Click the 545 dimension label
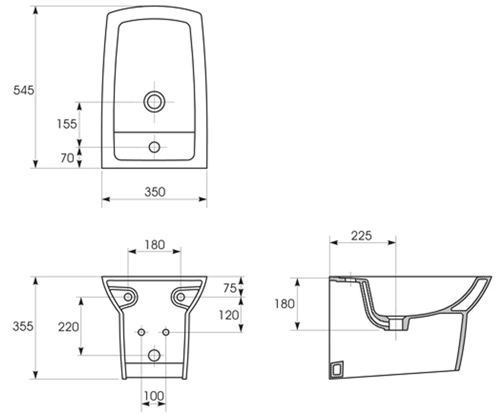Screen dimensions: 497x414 click(x=24, y=90)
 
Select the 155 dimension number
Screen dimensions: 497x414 click(x=67, y=124)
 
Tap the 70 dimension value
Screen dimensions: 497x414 click(x=68, y=158)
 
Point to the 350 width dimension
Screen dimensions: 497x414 click(x=155, y=192)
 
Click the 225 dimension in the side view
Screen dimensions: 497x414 click(x=361, y=236)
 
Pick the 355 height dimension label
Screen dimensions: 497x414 click(x=23, y=327)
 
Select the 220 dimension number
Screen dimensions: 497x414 click(x=69, y=327)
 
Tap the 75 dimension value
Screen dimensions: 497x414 click(x=230, y=289)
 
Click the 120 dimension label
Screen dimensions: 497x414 click(x=229, y=315)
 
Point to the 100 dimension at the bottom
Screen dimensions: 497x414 click(x=154, y=396)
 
